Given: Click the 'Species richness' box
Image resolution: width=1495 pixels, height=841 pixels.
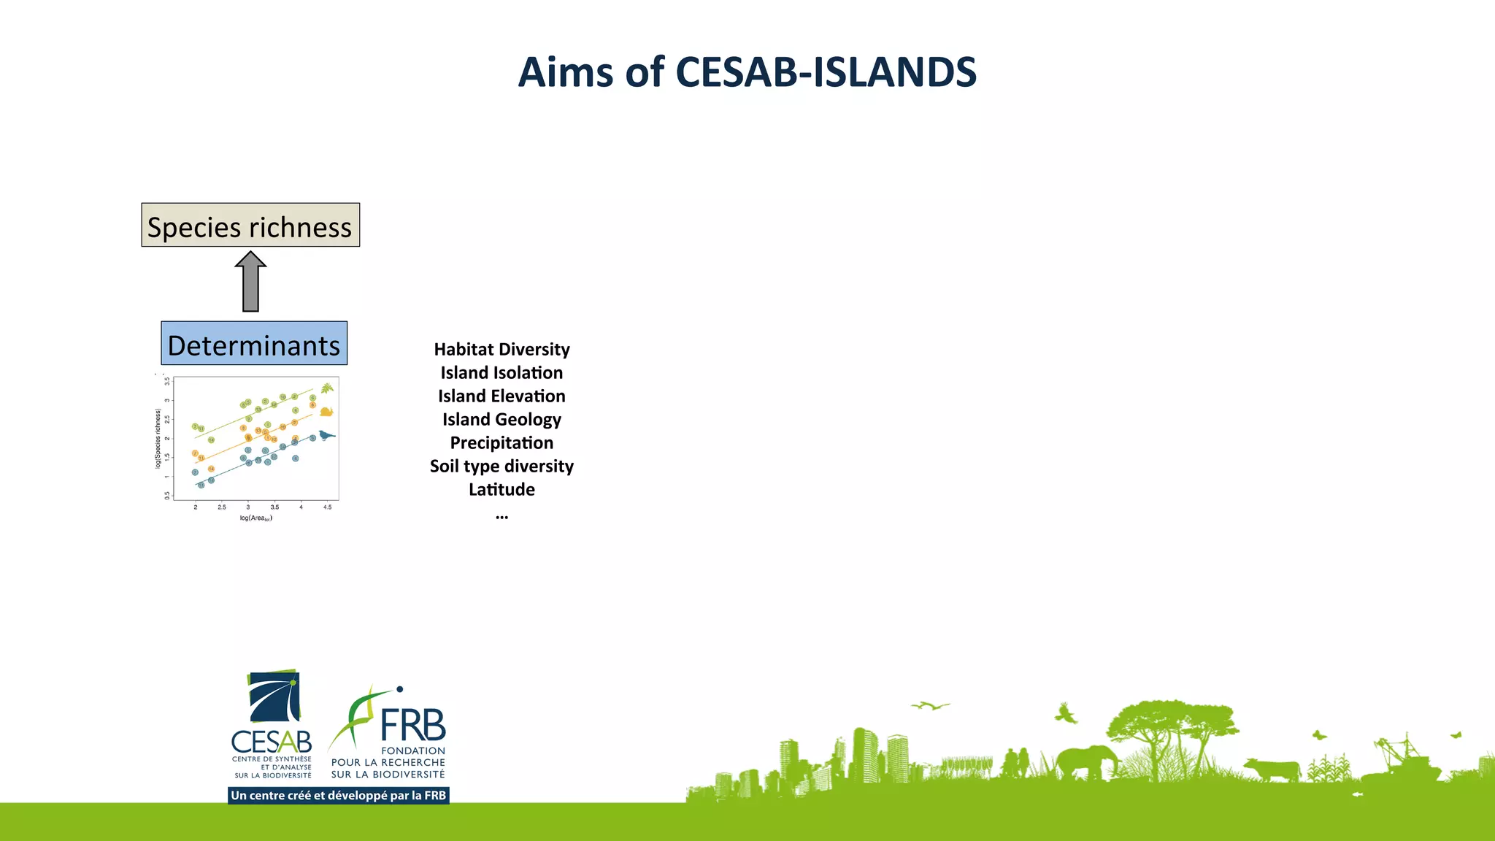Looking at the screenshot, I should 250,225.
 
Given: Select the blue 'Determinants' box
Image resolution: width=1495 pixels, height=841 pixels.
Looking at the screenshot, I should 254,343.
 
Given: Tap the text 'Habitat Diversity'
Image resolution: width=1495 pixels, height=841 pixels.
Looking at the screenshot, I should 501,350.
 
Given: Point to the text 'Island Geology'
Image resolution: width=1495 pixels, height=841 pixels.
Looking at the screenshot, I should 501,420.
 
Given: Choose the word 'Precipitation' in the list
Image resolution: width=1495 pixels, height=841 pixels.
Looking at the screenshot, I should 501,443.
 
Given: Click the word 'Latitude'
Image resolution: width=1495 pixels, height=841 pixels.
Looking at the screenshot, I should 501,490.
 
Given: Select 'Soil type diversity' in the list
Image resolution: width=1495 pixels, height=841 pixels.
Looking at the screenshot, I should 501,466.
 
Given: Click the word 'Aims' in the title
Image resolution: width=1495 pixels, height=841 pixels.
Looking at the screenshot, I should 565,72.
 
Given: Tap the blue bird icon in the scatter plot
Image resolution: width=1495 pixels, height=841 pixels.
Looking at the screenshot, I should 326,436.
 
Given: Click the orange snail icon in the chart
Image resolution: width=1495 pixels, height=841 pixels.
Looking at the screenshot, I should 326,412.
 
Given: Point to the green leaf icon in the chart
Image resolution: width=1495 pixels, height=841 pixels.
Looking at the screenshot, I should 327,388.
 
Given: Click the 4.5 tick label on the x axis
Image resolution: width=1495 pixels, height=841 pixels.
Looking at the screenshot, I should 328,507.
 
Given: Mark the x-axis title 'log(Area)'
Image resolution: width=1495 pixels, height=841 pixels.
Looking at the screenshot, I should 255,518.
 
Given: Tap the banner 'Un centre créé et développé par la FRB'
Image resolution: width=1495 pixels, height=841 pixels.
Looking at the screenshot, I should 338,796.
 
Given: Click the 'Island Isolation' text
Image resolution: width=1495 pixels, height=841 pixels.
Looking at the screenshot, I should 501,373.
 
